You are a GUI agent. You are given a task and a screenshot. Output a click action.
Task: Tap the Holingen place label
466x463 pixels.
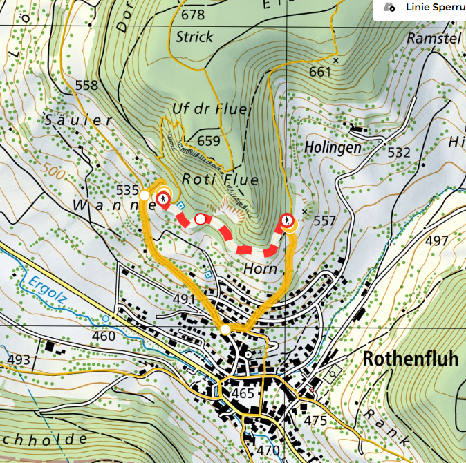click(333, 147)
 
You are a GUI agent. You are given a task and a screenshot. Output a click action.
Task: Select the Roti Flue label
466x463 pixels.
click(220, 180)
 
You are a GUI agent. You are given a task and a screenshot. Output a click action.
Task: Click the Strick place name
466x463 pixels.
click(194, 36)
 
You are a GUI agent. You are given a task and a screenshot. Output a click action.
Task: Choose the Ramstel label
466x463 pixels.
click(434, 38)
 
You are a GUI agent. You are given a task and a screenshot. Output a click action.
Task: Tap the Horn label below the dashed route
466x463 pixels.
click(261, 269)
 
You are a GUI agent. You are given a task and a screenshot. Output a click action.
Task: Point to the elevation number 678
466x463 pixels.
click(193, 15)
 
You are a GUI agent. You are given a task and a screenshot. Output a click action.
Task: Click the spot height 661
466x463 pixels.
click(321, 73)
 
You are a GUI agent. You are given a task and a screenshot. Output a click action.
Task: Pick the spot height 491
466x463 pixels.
click(185, 299)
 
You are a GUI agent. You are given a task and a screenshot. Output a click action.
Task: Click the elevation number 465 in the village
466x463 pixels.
click(243, 393)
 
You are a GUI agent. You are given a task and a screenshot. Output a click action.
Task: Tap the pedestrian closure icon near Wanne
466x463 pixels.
click(162, 199)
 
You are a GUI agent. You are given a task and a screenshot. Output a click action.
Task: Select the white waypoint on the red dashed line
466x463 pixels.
click(201, 219)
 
